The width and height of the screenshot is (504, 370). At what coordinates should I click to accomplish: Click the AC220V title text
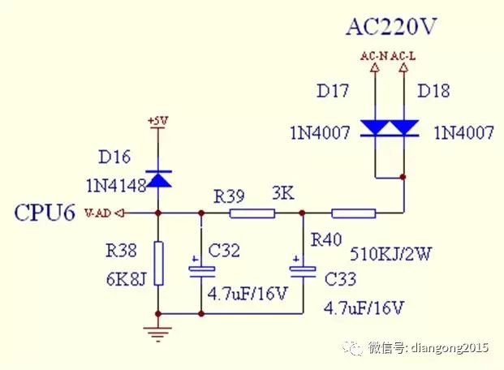point(391,27)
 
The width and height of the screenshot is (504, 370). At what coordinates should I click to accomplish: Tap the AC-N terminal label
point(374,55)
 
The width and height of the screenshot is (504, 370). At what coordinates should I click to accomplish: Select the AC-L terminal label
point(404,55)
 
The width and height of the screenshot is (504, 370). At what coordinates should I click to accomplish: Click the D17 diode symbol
point(374,128)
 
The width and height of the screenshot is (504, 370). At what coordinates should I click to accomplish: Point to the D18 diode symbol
point(403,128)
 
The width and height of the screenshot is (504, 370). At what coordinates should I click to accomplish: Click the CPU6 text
point(44,214)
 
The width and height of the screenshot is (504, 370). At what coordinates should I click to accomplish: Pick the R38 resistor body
point(158,263)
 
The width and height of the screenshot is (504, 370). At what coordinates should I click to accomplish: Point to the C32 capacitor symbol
point(200,269)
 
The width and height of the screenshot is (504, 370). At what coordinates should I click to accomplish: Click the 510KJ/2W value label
point(390,254)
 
